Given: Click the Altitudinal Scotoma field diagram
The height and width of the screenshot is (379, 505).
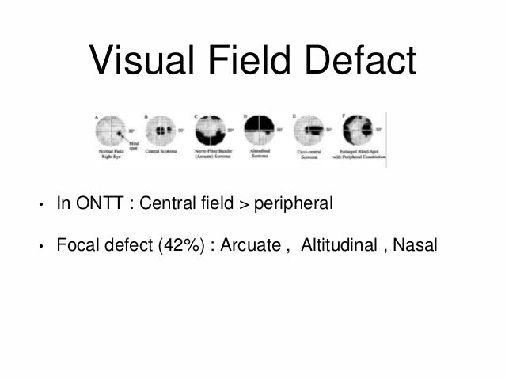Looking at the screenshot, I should pyautogui.click(x=259, y=127).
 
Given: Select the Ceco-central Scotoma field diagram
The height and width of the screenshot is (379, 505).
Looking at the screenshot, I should pyautogui.click(x=308, y=127).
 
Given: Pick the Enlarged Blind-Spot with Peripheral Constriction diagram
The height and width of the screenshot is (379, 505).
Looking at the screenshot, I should pyautogui.click(x=359, y=127).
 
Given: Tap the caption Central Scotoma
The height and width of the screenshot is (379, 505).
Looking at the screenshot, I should pyautogui.click(x=162, y=151).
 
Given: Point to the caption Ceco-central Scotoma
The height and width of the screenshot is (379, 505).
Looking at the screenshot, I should pyautogui.click(x=308, y=156).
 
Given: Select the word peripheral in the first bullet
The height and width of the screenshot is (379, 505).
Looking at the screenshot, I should pyautogui.click(x=293, y=205).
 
